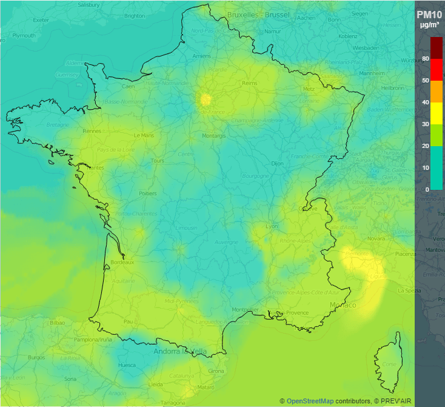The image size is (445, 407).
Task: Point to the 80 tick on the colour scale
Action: tap(426, 58)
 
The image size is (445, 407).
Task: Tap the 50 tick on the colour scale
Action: tap(426, 80)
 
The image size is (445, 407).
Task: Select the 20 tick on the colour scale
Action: tap(426, 146)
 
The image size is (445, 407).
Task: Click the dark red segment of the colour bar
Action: tap(437, 48)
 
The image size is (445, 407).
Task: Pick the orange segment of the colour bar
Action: tap(437, 91)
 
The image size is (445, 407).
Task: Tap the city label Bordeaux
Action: tap(122, 263)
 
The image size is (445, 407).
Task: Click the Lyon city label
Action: tap(271, 226)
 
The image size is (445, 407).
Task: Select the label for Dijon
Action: tap(278, 163)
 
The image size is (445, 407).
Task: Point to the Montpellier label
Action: tap(245, 309)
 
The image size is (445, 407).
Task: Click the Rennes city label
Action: tap(92, 130)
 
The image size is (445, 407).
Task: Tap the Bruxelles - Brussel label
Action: tap(258, 14)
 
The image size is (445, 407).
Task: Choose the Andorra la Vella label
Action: tap(181, 351)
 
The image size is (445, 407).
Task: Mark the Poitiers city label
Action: tap(148, 193)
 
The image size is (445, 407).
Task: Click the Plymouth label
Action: tap(24, 35)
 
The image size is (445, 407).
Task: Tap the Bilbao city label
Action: tap(57, 323)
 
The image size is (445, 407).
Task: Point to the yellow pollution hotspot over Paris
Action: tap(205, 99)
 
